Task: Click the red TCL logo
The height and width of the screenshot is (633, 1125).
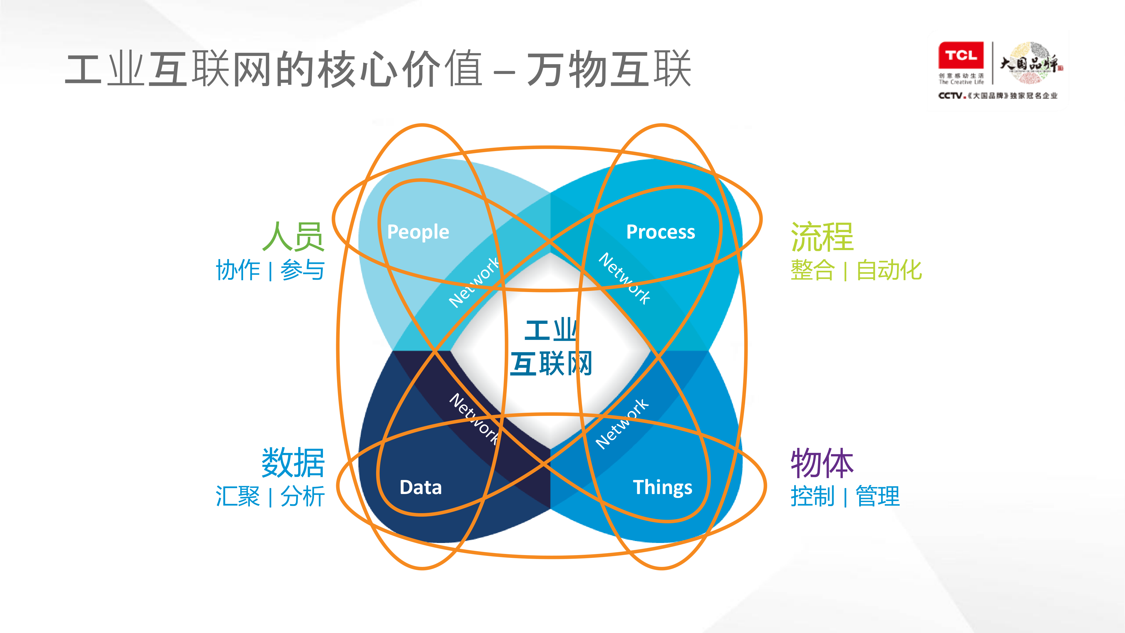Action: pos(961,55)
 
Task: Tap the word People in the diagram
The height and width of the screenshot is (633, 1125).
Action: pos(418,232)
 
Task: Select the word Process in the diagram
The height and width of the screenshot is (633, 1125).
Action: pos(660,232)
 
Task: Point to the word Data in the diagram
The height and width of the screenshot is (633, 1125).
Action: pos(421,487)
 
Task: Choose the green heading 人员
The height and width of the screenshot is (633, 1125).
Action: pos(293,237)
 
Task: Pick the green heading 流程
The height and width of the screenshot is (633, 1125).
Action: pos(822,237)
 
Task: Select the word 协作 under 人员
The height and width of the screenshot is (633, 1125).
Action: pos(238,270)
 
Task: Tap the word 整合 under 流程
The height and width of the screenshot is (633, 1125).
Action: pos(812,270)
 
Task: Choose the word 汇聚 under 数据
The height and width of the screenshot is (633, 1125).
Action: pos(238,496)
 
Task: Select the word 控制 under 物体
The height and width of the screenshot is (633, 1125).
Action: pos(812,496)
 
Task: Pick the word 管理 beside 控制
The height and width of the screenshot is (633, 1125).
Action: pos(878,496)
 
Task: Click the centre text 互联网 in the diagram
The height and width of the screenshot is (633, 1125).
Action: pos(551,363)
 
